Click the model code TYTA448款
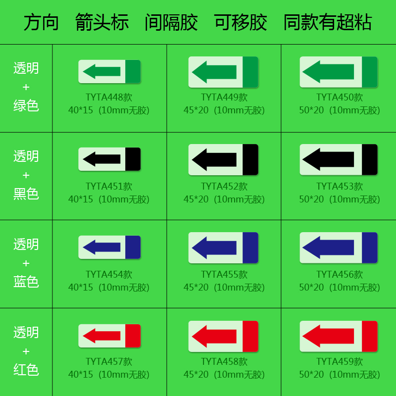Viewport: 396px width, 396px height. (109, 98)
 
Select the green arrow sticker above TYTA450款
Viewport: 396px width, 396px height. (339, 72)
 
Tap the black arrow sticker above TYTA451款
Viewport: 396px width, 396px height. (109, 159)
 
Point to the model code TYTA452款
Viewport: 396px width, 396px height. (224, 187)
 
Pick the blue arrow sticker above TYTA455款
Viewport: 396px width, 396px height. (223, 247)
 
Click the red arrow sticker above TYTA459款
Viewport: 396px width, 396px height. (339, 336)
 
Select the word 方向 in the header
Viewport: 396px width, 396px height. (41, 22)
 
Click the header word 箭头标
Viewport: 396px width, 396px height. (102, 22)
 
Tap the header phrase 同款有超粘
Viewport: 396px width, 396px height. (327, 22)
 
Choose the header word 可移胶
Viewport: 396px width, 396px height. (241, 22)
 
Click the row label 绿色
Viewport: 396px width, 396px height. (26, 105)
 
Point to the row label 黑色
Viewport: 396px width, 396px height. (26, 194)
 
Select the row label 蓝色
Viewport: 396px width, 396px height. (26, 282)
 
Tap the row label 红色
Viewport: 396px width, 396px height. (26, 370)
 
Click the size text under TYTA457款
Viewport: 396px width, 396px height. (109, 375)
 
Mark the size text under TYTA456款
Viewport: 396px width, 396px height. (340, 287)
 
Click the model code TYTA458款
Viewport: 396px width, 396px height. (224, 362)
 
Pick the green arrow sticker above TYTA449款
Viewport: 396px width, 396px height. (223, 72)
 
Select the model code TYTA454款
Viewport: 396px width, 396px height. (109, 274)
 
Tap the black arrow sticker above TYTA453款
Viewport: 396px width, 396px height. (339, 159)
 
